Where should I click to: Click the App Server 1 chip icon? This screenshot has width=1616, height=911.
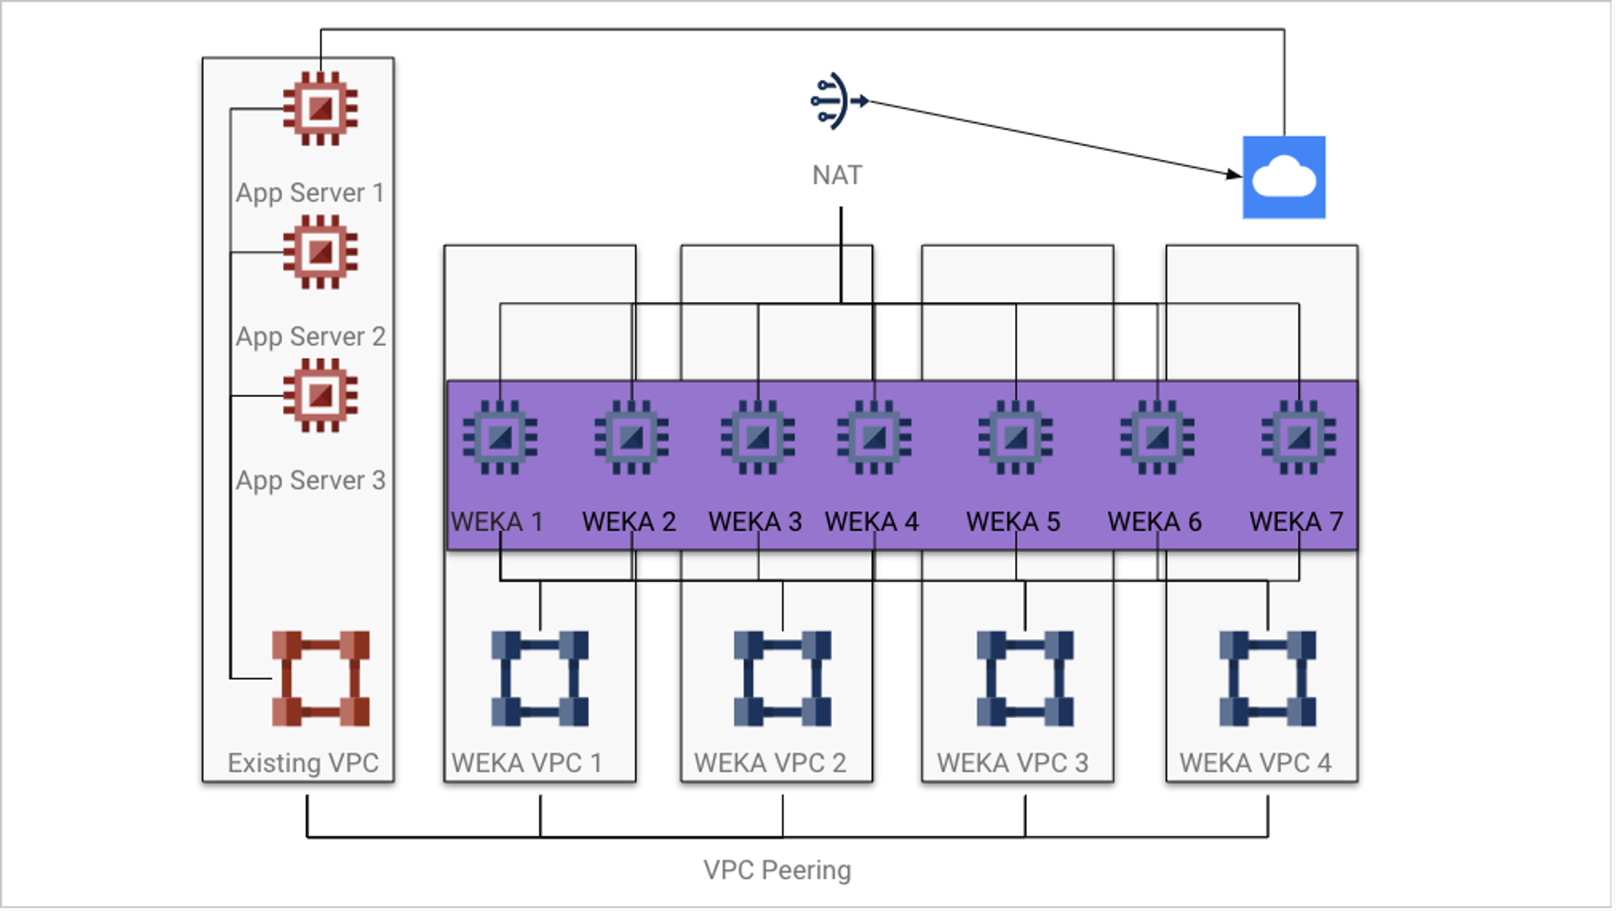321,108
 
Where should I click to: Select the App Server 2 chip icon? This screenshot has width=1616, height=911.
321,252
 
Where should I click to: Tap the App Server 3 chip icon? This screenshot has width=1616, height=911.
321,396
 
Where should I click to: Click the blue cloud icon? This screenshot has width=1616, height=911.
1284,177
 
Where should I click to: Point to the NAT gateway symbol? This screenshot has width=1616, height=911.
837,101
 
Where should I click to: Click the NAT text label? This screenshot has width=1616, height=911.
837,175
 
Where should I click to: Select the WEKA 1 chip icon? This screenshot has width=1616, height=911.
500,438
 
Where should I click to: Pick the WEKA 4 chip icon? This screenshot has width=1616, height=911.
874,438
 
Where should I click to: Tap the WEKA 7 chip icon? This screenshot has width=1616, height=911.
1298,438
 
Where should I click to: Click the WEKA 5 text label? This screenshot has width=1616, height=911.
1013,522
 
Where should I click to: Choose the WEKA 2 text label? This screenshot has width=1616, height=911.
629,522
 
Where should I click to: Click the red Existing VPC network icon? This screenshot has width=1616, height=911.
321,678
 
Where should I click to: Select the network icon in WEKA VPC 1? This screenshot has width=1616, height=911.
540,678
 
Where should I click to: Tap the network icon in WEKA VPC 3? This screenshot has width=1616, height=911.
1025,678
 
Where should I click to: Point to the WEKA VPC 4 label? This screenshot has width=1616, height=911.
1255,762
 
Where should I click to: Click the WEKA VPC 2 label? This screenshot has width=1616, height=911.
769,762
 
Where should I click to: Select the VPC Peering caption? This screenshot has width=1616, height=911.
777,870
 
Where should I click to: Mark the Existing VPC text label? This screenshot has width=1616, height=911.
303,762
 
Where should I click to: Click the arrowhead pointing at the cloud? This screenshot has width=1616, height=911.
1233,174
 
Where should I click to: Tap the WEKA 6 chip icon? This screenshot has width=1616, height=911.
1157,438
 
